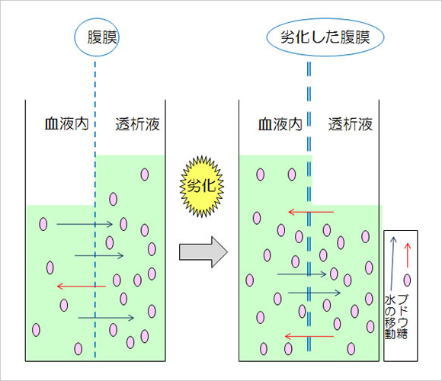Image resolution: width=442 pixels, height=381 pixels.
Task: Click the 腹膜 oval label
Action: pyautogui.click(x=97, y=37)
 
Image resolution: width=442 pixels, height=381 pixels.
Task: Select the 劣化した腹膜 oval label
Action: pyautogui.click(x=325, y=37)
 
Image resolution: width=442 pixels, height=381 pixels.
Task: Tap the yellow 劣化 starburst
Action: pyautogui.click(x=202, y=186)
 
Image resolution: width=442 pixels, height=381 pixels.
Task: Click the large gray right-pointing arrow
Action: pyautogui.click(x=203, y=251)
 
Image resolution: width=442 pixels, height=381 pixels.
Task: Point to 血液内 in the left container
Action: pyautogui.click(x=67, y=124)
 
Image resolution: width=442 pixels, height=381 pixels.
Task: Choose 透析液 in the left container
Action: pyautogui.click(x=138, y=124)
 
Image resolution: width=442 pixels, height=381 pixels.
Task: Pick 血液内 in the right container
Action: pyautogui.click(x=280, y=124)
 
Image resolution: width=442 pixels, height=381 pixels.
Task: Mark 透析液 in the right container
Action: pyautogui.click(x=351, y=124)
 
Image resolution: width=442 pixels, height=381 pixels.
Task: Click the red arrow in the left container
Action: pyautogui.click(x=82, y=287)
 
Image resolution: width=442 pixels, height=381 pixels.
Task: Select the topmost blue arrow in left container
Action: pyautogui.click(x=85, y=224)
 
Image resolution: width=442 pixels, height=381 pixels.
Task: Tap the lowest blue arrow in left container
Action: pyautogui.click(x=106, y=318)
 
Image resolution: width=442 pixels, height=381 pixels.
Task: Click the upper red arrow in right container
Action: pyautogui.click(x=311, y=212)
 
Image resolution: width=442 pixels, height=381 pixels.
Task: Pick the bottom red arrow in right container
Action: pyautogui.click(x=309, y=336)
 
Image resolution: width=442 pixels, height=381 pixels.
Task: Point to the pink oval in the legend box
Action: pyautogui.click(x=407, y=280)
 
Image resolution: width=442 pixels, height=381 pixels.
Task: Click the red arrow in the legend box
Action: pyautogui.click(x=408, y=255)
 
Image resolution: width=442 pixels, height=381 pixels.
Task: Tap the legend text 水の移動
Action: pyautogui.click(x=390, y=316)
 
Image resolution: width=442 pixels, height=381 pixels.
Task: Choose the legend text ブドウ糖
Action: pyautogui.click(x=402, y=316)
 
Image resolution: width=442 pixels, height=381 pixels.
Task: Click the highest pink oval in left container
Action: pyautogui.click(x=145, y=174)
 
